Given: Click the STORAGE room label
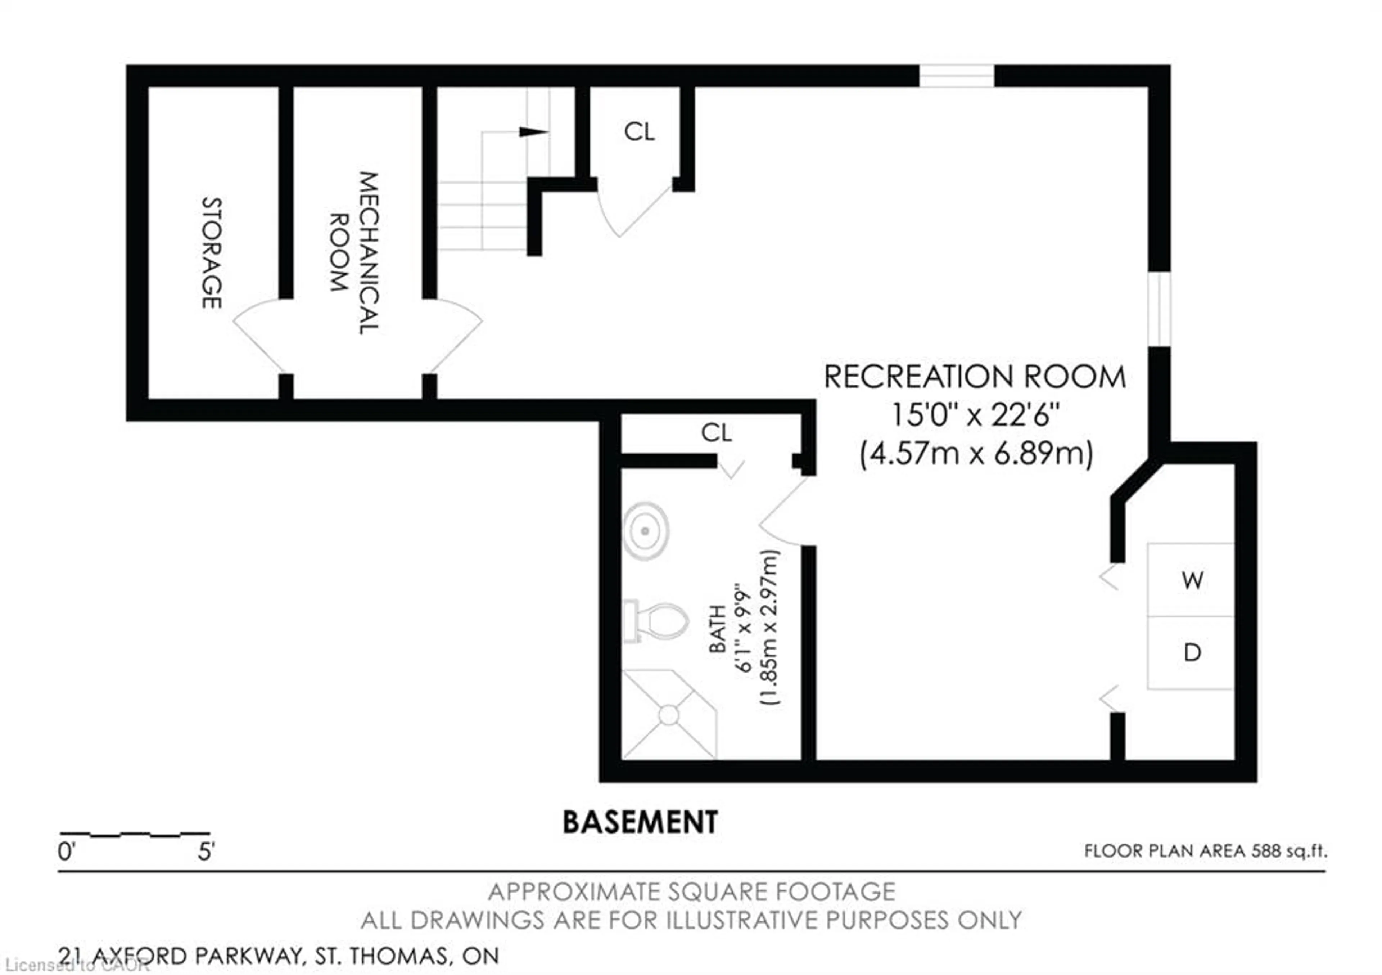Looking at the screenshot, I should [x=211, y=253].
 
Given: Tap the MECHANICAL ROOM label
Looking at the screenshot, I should [x=355, y=253].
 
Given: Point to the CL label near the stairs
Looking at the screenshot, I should [x=638, y=132].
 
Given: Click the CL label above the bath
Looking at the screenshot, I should [x=716, y=432].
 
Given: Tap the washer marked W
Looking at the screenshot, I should [x=1192, y=580].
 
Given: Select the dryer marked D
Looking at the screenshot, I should [x=1192, y=652].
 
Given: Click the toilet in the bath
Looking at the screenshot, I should [x=658, y=621].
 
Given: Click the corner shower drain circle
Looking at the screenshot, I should [x=669, y=715].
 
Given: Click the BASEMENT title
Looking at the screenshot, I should [x=640, y=822].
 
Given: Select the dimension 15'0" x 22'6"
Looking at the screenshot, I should [x=975, y=415].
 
